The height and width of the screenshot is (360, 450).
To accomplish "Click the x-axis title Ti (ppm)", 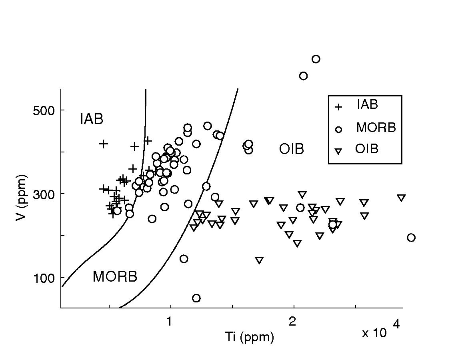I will (250, 337).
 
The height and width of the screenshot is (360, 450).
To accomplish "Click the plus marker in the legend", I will (338, 107).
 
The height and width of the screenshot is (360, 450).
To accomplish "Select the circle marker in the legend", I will (338, 129).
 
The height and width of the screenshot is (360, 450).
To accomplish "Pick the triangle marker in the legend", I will (338, 151).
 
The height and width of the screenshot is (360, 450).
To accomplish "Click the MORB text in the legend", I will (376, 128).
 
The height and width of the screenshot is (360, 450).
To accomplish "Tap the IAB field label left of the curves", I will (92, 119).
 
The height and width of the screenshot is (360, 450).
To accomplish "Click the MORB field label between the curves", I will (115, 276).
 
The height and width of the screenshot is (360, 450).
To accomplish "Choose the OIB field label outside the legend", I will (292, 149).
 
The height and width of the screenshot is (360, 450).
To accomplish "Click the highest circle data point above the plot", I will (316, 59).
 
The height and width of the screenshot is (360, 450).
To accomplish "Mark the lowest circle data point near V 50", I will (196, 298).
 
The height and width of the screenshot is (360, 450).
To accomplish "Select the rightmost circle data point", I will (411, 238).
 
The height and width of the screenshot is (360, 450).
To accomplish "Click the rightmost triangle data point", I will (401, 198).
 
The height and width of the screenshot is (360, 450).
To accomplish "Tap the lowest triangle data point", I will (259, 260).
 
